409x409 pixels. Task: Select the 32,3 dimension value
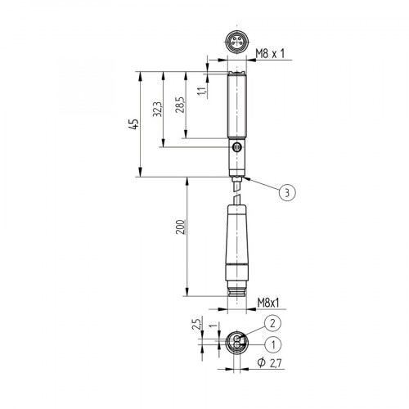[158, 110]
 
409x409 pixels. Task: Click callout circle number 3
[285, 193]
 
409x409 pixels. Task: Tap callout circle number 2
[274, 323]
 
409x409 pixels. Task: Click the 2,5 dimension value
[196, 326]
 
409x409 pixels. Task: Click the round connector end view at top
[236, 44]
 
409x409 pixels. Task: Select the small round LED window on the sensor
[237, 147]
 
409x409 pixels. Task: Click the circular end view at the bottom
[236, 343]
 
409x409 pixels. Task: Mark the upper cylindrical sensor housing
[236, 106]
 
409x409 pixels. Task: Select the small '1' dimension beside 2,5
[211, 328]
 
